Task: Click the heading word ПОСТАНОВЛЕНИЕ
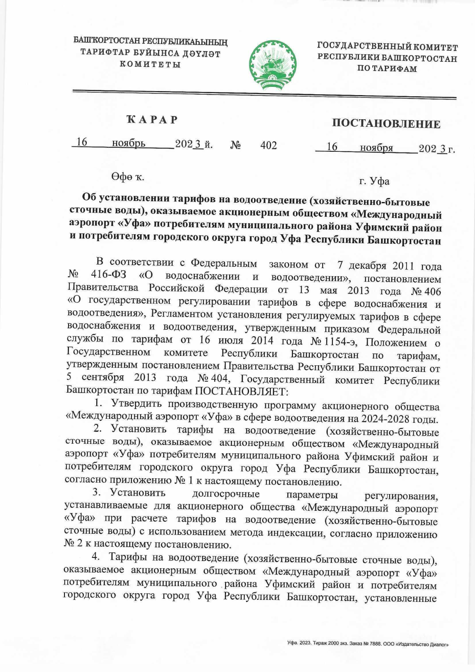(386, 124)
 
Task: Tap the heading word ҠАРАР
(152, 120)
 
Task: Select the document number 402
(268, 145)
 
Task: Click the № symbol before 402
(236, 145)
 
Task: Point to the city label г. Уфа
(374, 181)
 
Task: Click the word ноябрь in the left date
(129, 143)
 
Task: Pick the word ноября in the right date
(376, 148)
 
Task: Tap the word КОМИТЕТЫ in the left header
(150, 65)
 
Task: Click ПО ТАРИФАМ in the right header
(387, 69)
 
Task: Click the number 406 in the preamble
(432, 292)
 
